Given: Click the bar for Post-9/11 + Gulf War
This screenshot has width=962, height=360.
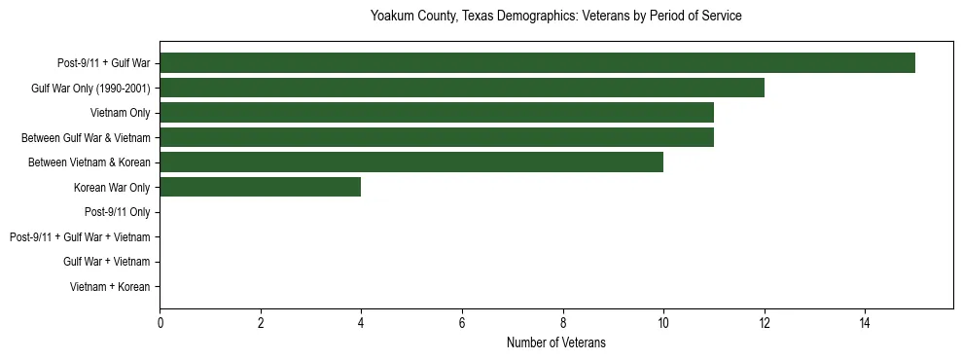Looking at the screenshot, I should pos(537,63).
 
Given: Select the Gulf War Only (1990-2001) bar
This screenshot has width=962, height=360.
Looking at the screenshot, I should pos(462,88).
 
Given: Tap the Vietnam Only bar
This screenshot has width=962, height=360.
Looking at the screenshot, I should pos(437,113).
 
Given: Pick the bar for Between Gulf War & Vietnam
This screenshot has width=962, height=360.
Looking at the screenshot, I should pos(437,137).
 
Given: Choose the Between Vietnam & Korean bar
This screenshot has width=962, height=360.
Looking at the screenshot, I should pos(411,162).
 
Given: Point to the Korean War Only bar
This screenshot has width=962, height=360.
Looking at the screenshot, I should pos(261,187).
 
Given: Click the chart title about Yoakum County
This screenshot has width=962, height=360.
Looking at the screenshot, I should pos(555,17).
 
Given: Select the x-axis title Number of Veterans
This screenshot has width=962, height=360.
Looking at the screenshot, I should pos(555,342).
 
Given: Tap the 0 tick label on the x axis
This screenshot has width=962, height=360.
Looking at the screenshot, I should pos(160,324).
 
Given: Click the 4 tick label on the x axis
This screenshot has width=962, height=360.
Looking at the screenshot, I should pos(361,324).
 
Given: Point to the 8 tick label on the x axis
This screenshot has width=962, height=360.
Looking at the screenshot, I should pos(562,324).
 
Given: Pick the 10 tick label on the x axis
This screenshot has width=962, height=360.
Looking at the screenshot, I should pos(663,324).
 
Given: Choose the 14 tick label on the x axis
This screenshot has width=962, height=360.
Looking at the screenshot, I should pos(865,324).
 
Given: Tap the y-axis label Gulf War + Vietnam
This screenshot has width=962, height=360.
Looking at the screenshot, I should pos(106,262).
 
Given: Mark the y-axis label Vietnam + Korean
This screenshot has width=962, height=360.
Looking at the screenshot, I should pos(110,286).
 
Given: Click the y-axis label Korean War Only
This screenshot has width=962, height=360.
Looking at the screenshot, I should pos(112,187).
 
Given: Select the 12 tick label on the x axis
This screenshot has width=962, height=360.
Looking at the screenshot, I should pos(764,324).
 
